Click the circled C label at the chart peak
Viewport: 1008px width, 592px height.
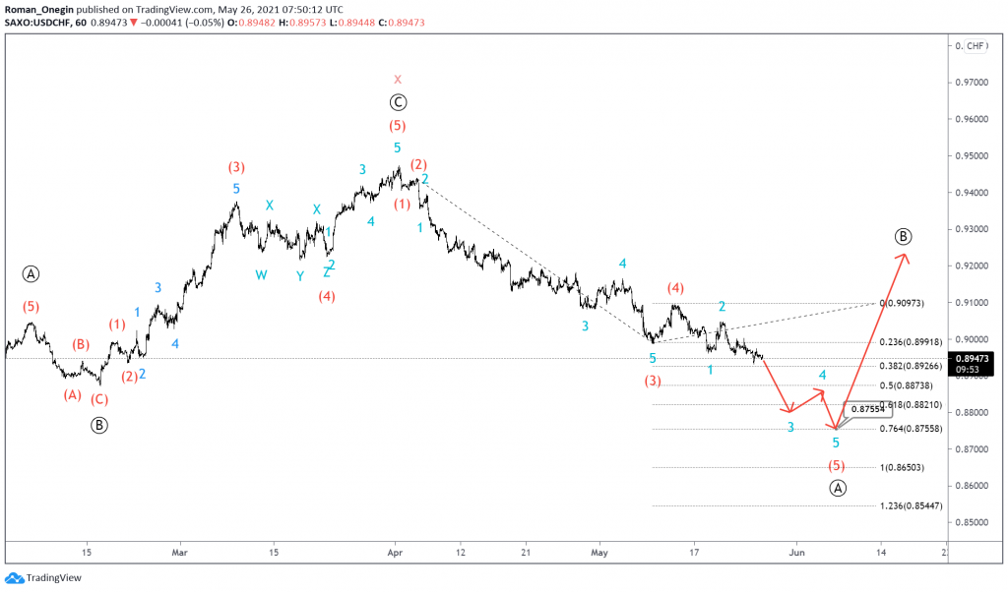point(398,101)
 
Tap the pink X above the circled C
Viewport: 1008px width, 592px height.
point(398,79)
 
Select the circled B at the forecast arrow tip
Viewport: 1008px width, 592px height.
point(904,236)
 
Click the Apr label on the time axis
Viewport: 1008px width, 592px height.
point(395,554)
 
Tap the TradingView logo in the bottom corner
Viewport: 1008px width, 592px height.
point(40,578)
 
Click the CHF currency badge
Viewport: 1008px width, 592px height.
point(976,46)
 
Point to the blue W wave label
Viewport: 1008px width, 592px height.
point(261,275)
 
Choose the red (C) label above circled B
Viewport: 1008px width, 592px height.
point(99,400)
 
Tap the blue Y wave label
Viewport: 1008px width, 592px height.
point(299,275)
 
